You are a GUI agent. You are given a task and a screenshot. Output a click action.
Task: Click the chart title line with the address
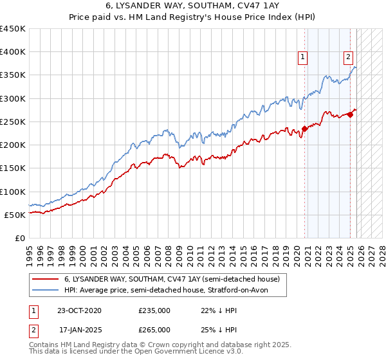pyautogui.click(x=193, y=6)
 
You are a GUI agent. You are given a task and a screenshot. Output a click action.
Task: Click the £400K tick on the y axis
pyautogui.click(x=13, y=52)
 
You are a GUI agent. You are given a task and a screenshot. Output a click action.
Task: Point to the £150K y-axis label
pyautogui.click(x=13, y=168)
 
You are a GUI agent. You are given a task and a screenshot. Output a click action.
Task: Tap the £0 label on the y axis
pyautogui.click(x=20, y=238)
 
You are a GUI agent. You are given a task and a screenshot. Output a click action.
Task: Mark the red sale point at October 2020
pyautogui.click(x=304, y=129)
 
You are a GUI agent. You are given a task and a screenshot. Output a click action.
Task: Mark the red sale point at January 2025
pyautogui.click(x=350, y=115)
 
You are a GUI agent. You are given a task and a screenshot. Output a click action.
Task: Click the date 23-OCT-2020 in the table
pyautogui.click(x=79, y=310)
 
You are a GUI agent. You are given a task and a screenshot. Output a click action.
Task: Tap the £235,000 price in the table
pyautogui.click(x=154, y=310)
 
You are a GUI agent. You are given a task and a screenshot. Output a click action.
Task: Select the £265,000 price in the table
pyautogui.click(x=154, y=329)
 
